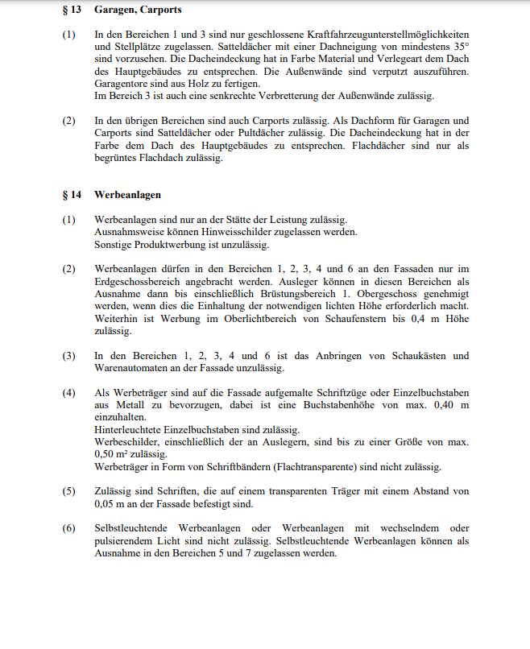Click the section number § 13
(71, 10)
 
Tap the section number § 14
(71, 195)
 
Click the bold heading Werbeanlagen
(128, 195)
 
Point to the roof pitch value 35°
(459, 48)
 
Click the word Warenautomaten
(133, 368)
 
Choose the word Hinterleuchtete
(133, 430)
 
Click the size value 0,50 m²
(111, 454)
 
